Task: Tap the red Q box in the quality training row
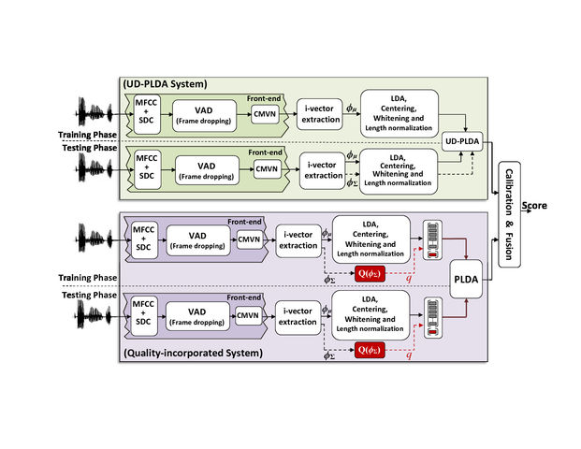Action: point(370,273)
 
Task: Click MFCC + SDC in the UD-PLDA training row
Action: point(146,116)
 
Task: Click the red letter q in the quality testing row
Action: point(407,355)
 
